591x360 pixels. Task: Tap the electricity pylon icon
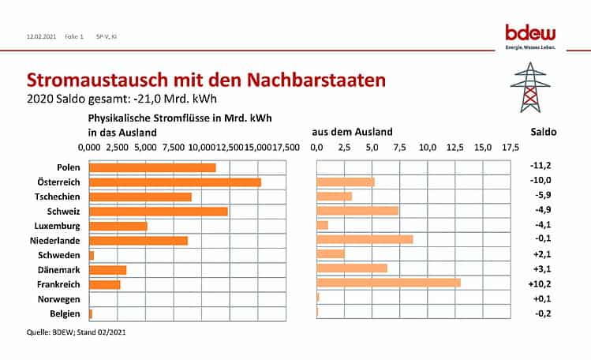(533, 87)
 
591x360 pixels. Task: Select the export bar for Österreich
(175, 182)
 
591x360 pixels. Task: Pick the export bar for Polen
(152, 167)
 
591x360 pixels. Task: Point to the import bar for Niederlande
(365, 240)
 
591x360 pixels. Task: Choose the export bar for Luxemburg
(118, 226)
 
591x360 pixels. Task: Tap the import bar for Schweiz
(357, 211)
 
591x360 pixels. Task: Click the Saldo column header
(541, 132)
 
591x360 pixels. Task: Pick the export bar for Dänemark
(108, 269)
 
